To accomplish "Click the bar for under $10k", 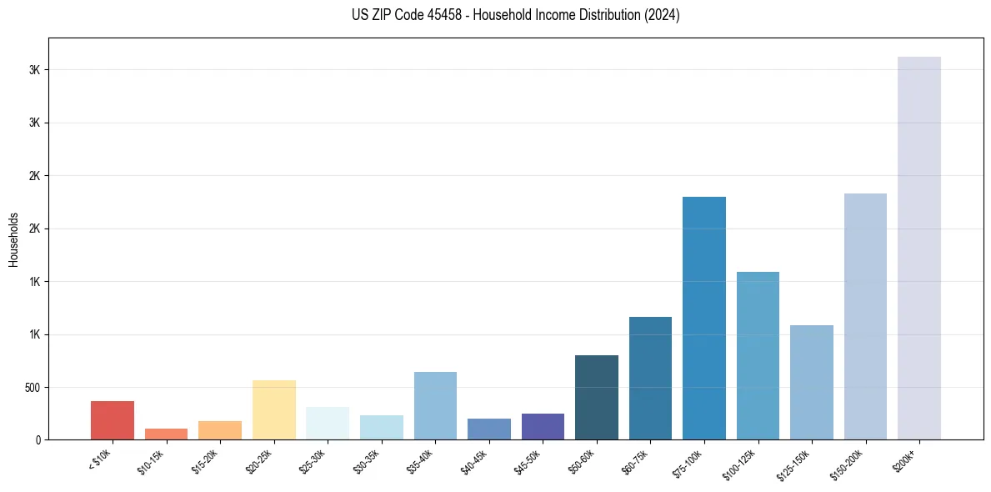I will [x=113, y=420].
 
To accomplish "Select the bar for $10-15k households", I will [x=166, y=434].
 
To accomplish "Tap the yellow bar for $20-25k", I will [x=274, y=409].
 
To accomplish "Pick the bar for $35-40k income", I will [x=435, y=405].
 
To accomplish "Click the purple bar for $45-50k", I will [x=543, y=426].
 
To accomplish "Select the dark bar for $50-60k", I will [x=597, y=397].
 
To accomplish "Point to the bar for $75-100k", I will [x=704, y=318].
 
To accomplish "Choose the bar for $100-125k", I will [x=758, y=355].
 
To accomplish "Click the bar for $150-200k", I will [x=865, y=316].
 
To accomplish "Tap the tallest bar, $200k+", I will [x=919, y=248].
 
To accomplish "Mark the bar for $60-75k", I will [x=650, y=378].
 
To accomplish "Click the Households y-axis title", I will [x=13, y=238].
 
